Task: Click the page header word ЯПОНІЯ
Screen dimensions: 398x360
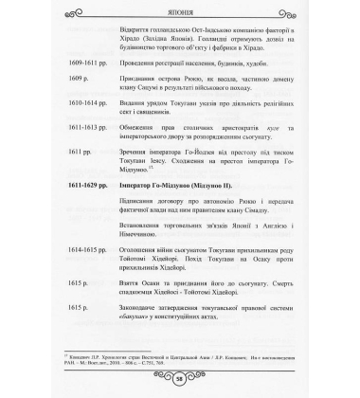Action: coord(180,13)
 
